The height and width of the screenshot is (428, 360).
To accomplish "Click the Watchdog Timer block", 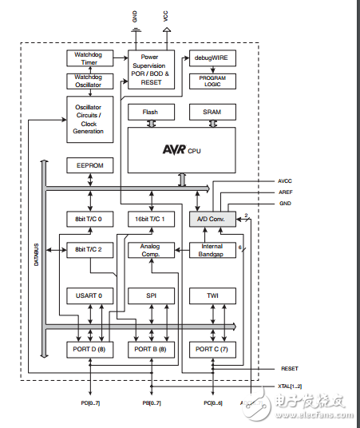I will coord(89,57).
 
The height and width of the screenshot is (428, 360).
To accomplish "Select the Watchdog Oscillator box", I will coord(89,81).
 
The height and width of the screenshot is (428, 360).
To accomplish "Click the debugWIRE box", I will coord(212,58).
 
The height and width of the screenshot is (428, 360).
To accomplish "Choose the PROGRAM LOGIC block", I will coord(212,81).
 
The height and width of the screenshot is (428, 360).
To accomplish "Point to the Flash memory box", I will coord(151,113).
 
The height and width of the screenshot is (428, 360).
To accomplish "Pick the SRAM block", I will coord(212,113).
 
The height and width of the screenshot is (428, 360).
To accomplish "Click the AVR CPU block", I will coord(181,148).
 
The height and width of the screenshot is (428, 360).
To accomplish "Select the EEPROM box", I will coord(89,165).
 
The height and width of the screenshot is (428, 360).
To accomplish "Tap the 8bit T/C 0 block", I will coord(89,219).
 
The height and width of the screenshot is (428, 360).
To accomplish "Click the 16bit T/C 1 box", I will coord(151,219).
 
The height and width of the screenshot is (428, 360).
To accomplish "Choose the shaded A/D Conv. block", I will coord(212,219).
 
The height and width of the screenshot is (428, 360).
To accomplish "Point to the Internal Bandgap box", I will coord(212,249).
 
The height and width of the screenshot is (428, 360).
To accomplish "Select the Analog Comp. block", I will coord(151,249).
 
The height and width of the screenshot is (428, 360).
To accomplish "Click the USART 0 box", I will coord(89,296).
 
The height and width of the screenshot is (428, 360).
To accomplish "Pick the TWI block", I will coord(212,296).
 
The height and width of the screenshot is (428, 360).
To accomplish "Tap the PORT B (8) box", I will coord(151,349).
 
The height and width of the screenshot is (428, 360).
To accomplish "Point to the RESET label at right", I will coord(290,369).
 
